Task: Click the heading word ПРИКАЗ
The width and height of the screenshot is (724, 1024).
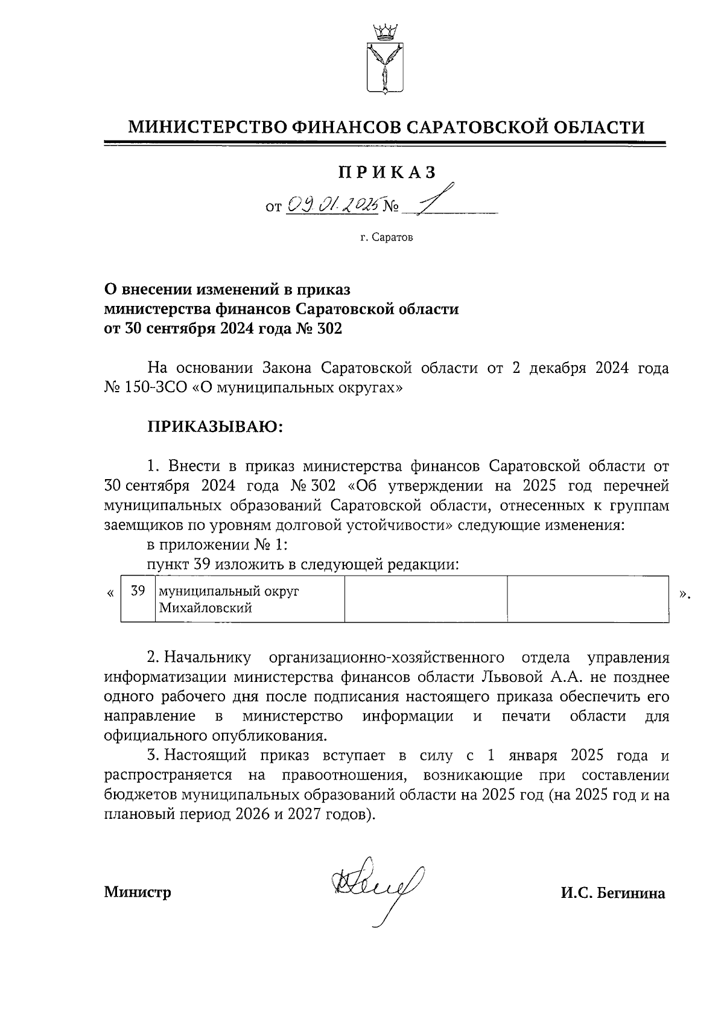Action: pos(387,173)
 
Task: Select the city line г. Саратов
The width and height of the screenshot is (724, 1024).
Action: pos(387,238)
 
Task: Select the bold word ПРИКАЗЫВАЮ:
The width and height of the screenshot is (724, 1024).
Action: pos(215,427)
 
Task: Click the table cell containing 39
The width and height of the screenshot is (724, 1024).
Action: pos(138,591)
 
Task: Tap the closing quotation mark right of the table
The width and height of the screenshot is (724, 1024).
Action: pos(684,594)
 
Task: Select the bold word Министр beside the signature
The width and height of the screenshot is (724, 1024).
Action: pos(138,892)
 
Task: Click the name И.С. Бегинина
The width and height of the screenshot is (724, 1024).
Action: pos(613,893)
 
